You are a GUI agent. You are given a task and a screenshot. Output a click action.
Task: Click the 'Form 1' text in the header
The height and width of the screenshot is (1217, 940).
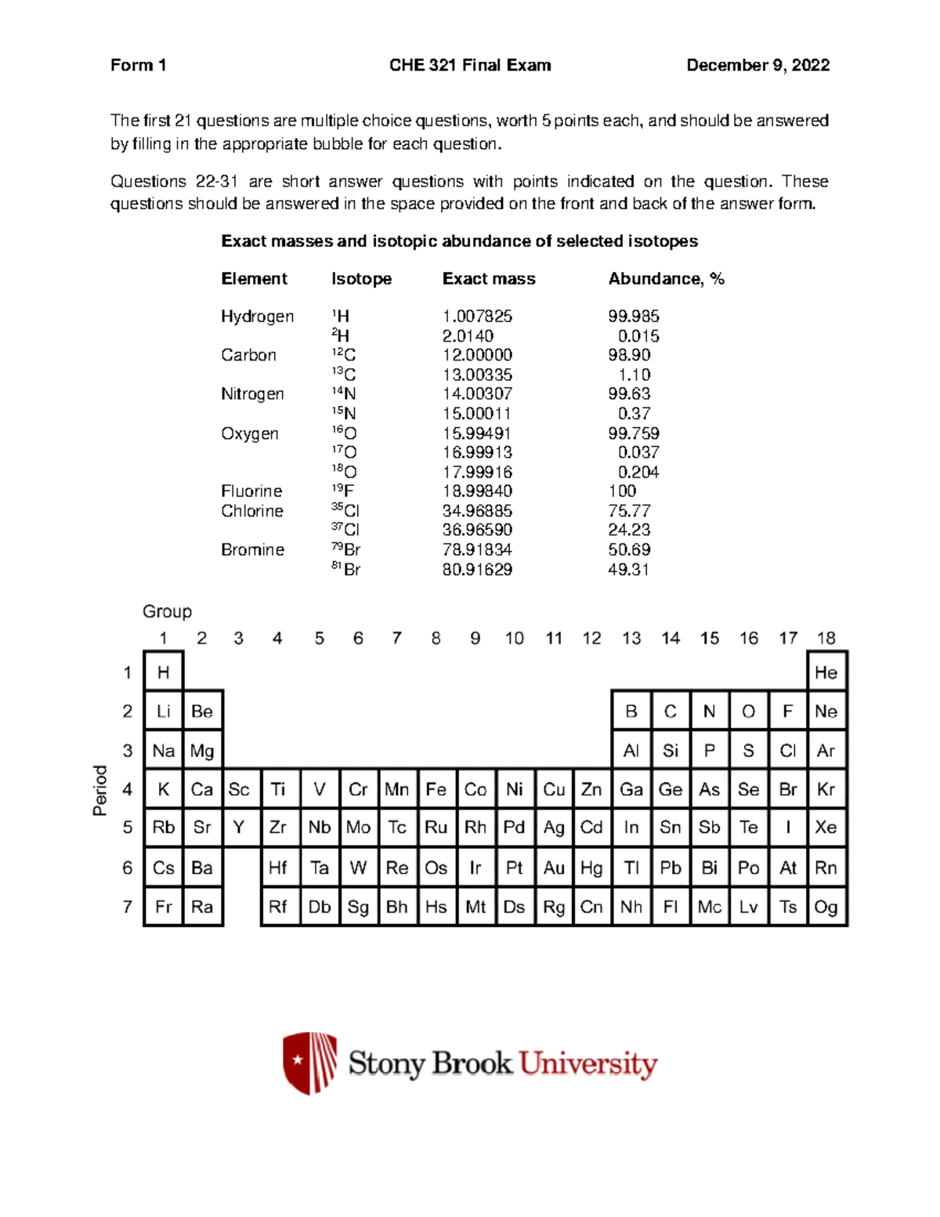pyautogui.click(x=138, y=65)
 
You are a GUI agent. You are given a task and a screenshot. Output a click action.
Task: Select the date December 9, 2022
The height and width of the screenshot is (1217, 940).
pyautogui.click(x=757, y=65)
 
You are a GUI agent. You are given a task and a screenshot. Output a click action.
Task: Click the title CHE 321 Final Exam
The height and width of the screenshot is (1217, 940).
pyautogui.click(x=470, y=65)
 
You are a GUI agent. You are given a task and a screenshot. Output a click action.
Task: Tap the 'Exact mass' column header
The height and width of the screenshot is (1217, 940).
pyautogui.click(x=488, y=279)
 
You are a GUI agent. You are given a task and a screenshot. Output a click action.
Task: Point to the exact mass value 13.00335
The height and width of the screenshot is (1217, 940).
pyautogui.click(x=477, y=375)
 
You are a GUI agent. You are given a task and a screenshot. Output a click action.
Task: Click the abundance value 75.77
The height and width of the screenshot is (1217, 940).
pyautogui.click(x=629, y=511)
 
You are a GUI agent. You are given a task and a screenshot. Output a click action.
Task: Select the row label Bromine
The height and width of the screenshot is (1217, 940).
pyautogui.click(x=252, y=550)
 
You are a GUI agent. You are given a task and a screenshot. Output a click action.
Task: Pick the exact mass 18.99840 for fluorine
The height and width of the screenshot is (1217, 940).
pyautogui.click(x=477, y=491)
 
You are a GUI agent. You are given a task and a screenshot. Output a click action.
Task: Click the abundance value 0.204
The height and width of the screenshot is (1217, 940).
pyautogui.click(x=638, y=472)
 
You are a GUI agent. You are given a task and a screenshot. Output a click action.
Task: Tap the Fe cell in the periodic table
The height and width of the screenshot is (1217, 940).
pyautogui.click(x=436, y=789)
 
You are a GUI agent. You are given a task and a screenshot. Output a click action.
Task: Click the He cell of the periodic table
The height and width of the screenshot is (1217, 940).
pyautogui.click(x=826, y=672)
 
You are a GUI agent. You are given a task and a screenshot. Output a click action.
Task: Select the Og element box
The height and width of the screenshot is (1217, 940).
pyautogui.click(x=826, y=907)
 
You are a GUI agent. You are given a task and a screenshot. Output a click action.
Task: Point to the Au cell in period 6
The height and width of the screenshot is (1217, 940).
pyautogui.click(x=554, y=867)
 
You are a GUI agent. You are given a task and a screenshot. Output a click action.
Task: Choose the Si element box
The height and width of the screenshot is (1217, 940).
pyautogui.click(x=671, y=751)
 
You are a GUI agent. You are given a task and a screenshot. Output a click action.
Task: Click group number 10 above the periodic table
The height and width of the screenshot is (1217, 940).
pyautogui.click(x=514, y=639)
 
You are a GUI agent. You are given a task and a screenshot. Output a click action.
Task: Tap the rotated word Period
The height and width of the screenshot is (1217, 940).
pyautogui.click(x=100, y=790)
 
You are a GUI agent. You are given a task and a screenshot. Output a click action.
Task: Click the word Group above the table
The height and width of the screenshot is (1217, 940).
pyautogui.click(x=167, y=611)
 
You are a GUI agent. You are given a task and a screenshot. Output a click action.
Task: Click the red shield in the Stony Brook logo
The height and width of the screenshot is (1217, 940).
pyautogui.click(x=309, y=1063)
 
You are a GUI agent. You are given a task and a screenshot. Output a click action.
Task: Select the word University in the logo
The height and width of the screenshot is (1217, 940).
pyautogui.click(x=588, y=1064)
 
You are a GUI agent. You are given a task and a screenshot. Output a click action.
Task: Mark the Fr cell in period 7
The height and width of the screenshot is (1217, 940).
pyautogui.click(x=163, y=907)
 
